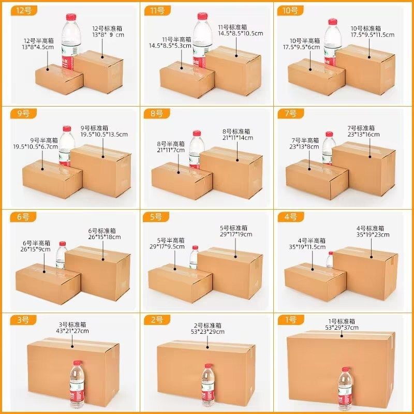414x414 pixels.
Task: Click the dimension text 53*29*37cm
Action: [342, 328]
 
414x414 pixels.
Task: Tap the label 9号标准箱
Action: [94, 128]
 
